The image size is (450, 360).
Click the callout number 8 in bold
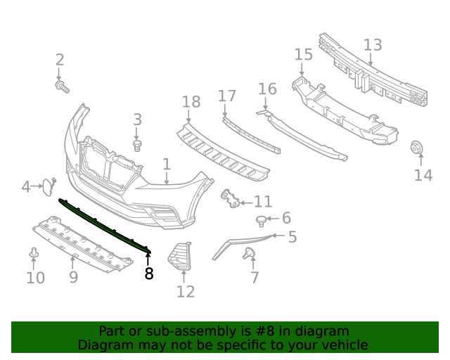point(148,274)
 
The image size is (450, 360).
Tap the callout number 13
point(372,45)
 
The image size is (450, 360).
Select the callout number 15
point(303,55)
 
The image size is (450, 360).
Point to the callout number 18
point(191,103)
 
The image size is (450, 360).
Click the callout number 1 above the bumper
point(167,165)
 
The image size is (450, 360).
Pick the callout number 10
point(35,278)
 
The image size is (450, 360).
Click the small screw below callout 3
point(138,145)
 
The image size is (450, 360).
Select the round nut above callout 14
point(415,148)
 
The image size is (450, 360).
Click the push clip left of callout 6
point(262,221)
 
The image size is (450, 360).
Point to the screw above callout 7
point(249,253)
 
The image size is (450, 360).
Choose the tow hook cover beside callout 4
point(46,186)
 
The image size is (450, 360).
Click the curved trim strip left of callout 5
point(239,243)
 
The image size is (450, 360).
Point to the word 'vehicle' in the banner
point(343,345)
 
